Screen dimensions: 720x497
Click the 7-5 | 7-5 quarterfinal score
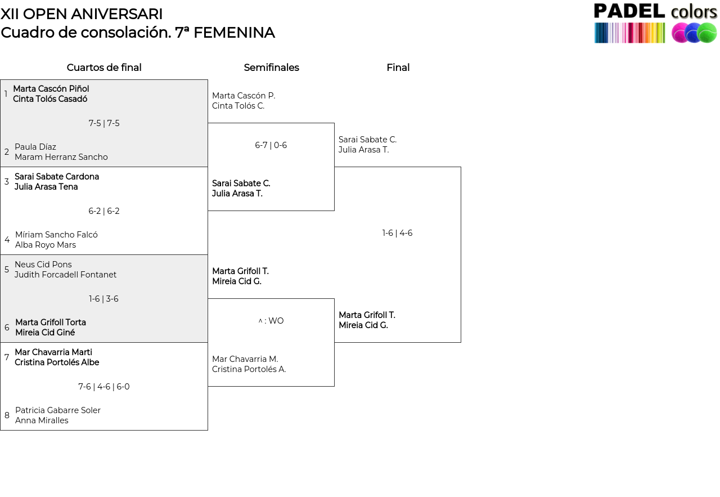(104, 123)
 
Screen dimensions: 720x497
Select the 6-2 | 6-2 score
(104, 211)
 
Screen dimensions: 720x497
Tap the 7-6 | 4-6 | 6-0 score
(104, 386)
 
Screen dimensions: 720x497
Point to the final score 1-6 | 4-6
(397, 233)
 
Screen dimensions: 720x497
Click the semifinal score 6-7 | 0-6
(271, 145)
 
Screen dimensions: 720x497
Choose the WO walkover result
(276, 321)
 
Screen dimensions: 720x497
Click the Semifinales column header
(271, 68)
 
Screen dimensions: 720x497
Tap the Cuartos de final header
(104, 68)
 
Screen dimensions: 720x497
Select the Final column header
(398, 68)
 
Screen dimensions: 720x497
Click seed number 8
(7, 415)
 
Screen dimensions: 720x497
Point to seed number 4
(7, 240)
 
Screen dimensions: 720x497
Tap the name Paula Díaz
(35, 147)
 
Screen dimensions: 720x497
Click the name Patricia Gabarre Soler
(58, 410)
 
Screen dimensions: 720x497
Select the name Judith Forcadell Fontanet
(66, 275)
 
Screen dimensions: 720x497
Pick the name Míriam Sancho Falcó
(56, 235)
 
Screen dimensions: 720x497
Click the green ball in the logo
(707, 33)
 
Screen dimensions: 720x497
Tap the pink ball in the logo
(681, 33)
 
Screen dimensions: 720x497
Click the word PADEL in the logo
(629, 11)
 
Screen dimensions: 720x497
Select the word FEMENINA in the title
(234, 33)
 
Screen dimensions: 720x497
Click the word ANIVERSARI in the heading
(116, 14)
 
